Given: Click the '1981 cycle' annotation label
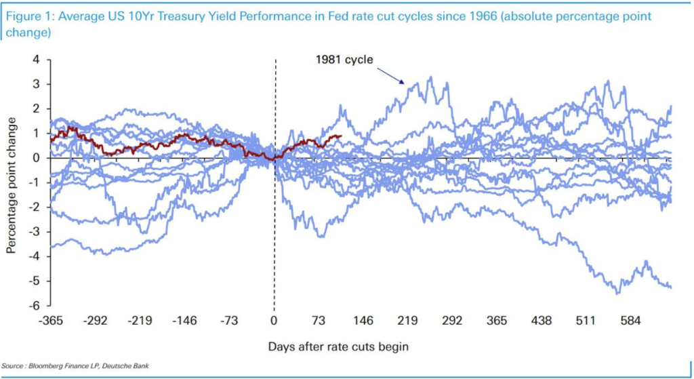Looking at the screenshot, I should tap(344, 59).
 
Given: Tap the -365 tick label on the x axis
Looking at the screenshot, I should tap(51, 321).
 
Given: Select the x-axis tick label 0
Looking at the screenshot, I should tap(274, 321).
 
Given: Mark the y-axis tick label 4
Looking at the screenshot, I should tap(39, 60).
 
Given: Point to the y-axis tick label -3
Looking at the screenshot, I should tap(37, 232).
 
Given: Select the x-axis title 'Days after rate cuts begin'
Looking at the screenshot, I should tap(338, 346).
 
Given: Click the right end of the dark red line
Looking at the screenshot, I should tap(341, 136).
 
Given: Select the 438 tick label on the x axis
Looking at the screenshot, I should tap(542, 321).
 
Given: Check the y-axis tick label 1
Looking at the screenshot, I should tap(39, 134).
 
